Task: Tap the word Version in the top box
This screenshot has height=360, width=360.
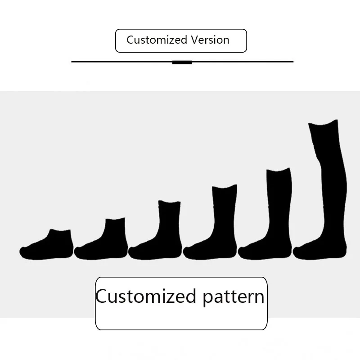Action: click(x=210, y=40)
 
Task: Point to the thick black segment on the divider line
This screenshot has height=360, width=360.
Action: click(x=182, y=62)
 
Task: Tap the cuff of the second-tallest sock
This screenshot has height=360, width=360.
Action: click(x=279, y=171)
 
